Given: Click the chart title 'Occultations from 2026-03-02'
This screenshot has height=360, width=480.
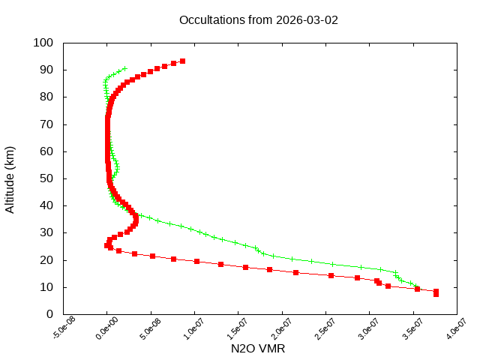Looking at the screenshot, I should [258, 19].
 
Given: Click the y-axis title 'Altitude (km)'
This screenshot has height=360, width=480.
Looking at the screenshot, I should [10, 178].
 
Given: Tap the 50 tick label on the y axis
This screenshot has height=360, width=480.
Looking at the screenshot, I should [46, 178].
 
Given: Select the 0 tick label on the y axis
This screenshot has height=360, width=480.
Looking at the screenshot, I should [49, 314].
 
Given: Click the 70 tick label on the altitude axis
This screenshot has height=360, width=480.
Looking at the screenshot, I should [46, 124].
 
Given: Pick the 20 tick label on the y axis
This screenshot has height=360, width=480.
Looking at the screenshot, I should [46, 259].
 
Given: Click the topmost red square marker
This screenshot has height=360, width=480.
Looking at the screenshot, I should [182, 61].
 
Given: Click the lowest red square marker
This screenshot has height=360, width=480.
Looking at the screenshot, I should [436, 294].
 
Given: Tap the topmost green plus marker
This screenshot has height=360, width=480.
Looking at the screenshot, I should [124, 68].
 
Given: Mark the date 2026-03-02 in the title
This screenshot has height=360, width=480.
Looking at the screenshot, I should [307, 19].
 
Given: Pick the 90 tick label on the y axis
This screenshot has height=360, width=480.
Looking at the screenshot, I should [46, 70].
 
